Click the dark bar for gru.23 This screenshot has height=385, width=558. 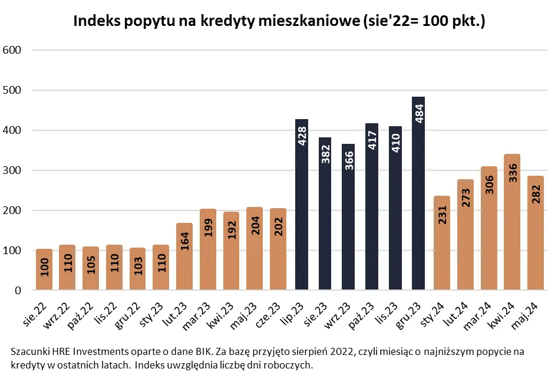(418, 195)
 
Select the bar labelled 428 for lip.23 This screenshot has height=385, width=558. (302, 206)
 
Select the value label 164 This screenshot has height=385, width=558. (185, 242)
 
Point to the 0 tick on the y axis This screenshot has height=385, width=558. (18, 291)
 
